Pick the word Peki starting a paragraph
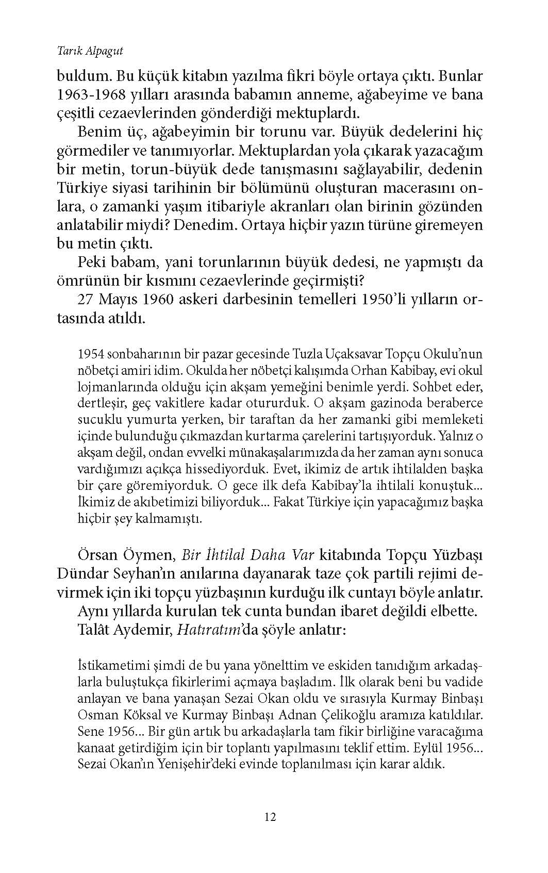tap(91, 262)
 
